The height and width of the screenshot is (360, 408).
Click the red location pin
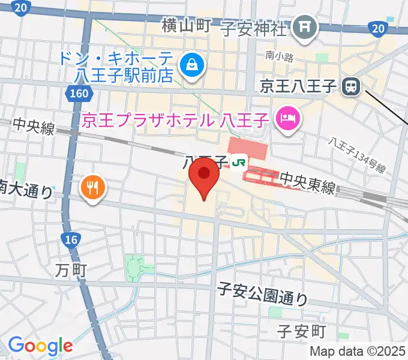(203, 178)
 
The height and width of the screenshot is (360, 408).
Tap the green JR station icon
(240, 161)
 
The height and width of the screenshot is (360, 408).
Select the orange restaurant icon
(92, 189)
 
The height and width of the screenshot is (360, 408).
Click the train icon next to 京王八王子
(350, 88)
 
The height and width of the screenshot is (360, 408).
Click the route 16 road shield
(71, 240)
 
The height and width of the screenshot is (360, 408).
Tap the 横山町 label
(186, 25)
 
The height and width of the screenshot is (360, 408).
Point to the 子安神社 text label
(254, 28)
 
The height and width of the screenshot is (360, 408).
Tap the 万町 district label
(72, 271)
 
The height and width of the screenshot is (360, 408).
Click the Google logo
(40, 345)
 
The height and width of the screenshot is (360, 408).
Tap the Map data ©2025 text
(358, 351)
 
